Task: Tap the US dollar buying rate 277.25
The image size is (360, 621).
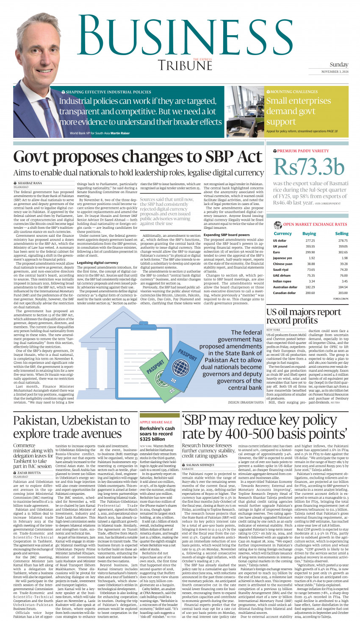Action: [310, 241]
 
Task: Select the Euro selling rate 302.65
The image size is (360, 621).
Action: [343, 252]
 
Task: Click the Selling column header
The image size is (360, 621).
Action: [341, 233]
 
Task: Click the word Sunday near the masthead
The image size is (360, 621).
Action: [339, 65]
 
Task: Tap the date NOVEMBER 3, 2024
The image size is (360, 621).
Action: [335, 72]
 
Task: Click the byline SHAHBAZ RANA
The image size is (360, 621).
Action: [30, 183]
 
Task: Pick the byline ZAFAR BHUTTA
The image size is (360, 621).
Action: [29, 473]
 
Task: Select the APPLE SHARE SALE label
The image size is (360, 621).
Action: [156, 422]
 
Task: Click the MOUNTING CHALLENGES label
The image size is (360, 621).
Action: [288, 91]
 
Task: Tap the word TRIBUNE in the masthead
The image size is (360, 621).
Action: [185, 66]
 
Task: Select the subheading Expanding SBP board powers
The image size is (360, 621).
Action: [227, 235]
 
